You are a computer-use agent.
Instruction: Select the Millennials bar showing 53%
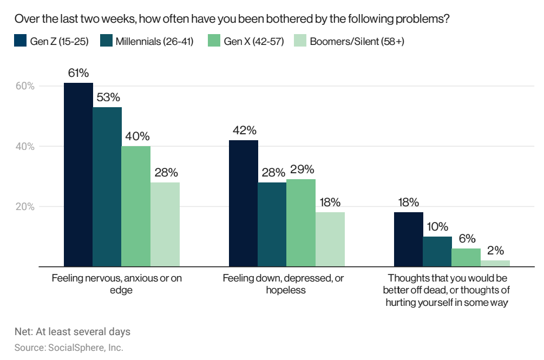point(107,187)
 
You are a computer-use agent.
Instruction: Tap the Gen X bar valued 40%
point(136,206)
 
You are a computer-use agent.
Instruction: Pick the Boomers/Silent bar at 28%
point(165,225)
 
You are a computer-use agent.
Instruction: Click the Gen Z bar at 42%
point(243,204)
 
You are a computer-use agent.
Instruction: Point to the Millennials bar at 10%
point(437,252)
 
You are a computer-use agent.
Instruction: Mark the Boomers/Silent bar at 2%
point(495,264)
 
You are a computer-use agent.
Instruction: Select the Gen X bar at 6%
point(466,258)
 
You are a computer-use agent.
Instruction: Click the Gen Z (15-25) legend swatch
point(21,41)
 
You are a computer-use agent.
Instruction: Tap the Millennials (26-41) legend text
point(154,41)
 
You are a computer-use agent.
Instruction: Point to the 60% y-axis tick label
point(25,86)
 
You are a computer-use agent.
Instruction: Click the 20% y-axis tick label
point(25,207)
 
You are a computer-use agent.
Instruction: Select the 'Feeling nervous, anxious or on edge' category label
point(117,284)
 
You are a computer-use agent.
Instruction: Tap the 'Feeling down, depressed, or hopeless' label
point(283,284)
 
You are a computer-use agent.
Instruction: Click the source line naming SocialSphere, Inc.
point(69,348)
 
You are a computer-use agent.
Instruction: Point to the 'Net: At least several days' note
point(73,331)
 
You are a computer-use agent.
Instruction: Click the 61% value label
point(78,73)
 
